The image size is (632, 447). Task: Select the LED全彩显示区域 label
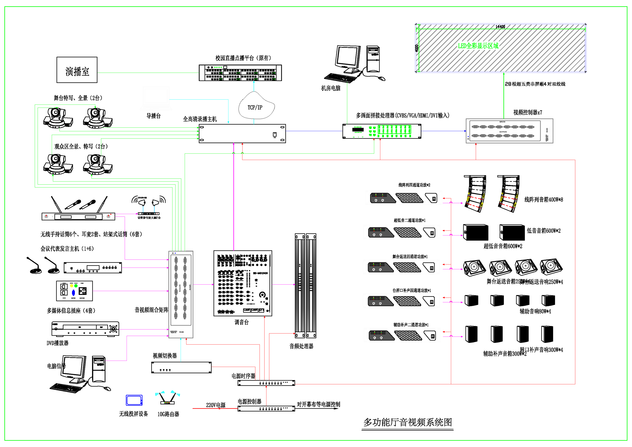coord(478,46)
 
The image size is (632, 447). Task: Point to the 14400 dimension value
coord(500,27)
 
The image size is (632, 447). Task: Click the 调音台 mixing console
coord(243,283)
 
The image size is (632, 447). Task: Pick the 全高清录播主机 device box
coord(242,134)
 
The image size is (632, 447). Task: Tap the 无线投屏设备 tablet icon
coord(134,400)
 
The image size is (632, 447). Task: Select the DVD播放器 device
coord(85,329)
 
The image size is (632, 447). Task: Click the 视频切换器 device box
coord(181,367)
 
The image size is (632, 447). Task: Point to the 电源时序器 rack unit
coord(266,383)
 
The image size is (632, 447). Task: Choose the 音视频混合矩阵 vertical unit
coord(181,294)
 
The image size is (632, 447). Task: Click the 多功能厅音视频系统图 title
coord(407,422)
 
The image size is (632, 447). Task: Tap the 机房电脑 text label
coord(331,88)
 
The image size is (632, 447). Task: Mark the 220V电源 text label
coord(216,405)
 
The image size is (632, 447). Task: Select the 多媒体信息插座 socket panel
coord(74,291)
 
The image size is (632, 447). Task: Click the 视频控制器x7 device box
coord(509,131)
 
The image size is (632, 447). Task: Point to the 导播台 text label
coord(153,116)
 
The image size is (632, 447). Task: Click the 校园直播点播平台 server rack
coord(240,73)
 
